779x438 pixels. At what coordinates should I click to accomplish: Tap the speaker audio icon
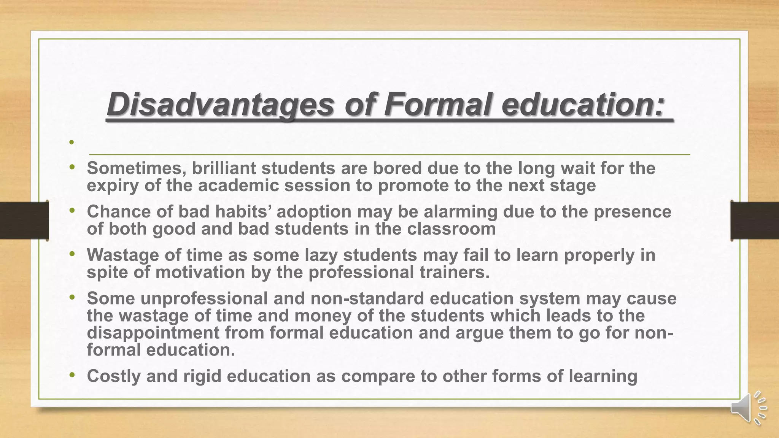pyautogui.click(x=748, y=408)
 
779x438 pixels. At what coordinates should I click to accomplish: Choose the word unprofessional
pyautogui.click(x=204, y=298)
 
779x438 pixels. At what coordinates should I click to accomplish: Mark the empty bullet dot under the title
pyautogui.click(x=71, y=142)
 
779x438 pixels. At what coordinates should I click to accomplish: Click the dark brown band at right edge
pyautogui.click(x=755, y=221)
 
